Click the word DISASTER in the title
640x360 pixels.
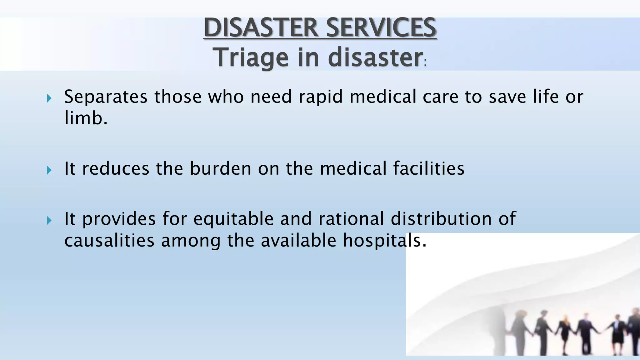(x=262, y=27)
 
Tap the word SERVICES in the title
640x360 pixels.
(x=381, y=27)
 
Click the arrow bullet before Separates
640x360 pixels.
(x=49, y=99)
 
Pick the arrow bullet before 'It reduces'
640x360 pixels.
(x=49, y=170)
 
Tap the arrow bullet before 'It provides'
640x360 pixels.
(x=49, y=221)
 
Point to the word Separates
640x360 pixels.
(x=106, y=97)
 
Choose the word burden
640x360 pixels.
(x=221, y=168)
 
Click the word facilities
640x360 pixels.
(x=428, y=168)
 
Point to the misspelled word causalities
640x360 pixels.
(x=109, y=240)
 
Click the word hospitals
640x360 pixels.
(x=384, y=240)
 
